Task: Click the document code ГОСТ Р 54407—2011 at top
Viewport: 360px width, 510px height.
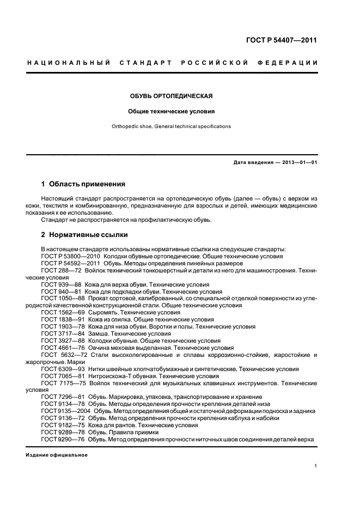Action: pos(284,40)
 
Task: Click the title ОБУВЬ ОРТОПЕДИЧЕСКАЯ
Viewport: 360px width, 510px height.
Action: pos(171,96)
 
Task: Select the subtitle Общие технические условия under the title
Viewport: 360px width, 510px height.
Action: pos(171,111)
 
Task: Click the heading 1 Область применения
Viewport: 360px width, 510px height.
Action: pos(83,184)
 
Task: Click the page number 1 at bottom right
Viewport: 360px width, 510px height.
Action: pos(316,466)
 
